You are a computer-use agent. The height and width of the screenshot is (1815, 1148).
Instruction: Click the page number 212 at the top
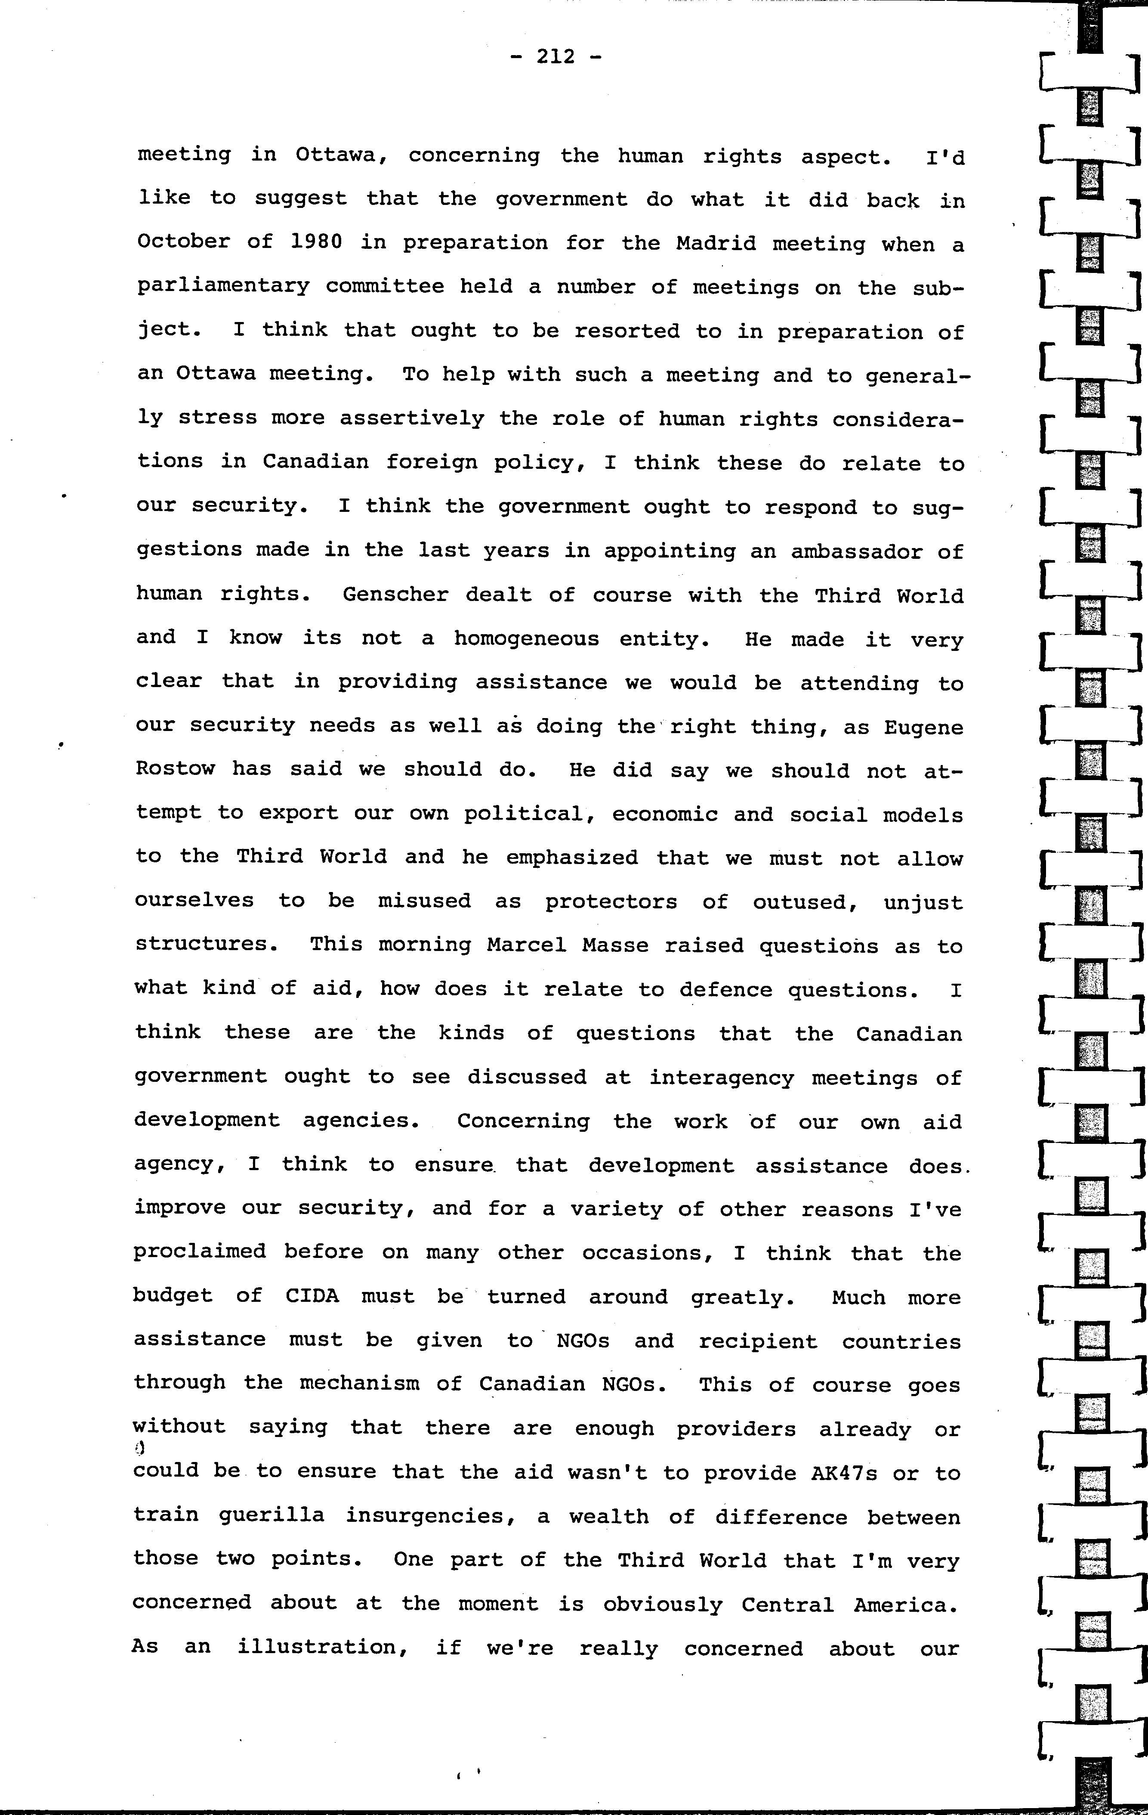[x=556, y=56]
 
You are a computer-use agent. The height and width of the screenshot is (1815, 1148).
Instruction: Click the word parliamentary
[x=223, y=286]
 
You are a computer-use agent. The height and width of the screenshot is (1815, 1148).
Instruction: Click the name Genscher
[x=395, y=594]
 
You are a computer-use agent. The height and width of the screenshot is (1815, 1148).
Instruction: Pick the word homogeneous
[x=526, y=638]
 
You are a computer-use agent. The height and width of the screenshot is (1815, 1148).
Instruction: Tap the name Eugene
[x=923, y=728]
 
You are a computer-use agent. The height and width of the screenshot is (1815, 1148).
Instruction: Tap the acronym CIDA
[x=312, y=1296]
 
